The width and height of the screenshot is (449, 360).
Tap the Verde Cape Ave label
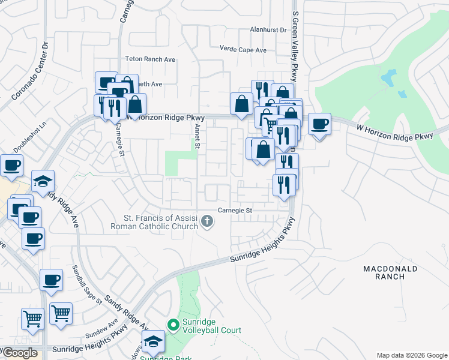tap(243, 50)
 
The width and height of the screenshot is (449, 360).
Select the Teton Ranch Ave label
tap(149, 59)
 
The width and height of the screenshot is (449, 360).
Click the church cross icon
tap(207, 222)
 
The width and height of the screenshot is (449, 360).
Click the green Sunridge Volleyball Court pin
tap(173, 325)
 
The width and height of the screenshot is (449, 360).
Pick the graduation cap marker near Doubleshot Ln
tap(43, 181)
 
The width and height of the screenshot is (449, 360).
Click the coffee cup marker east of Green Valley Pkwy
tap(319, 124)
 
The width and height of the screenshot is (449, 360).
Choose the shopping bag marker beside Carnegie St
tap(136, 104)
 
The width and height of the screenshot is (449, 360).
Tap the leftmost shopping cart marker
tap(32, 319)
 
